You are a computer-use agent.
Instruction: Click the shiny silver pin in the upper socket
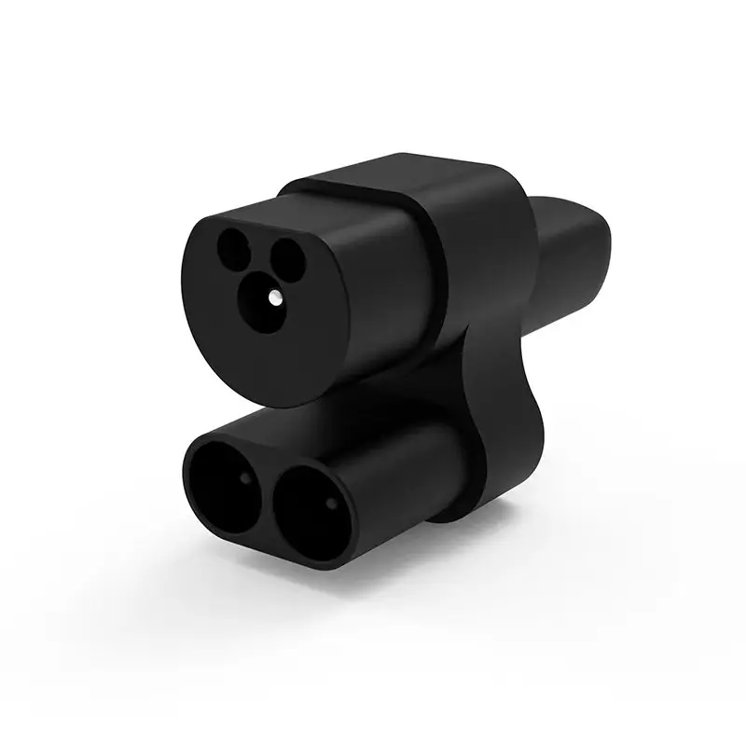point(276,296)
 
